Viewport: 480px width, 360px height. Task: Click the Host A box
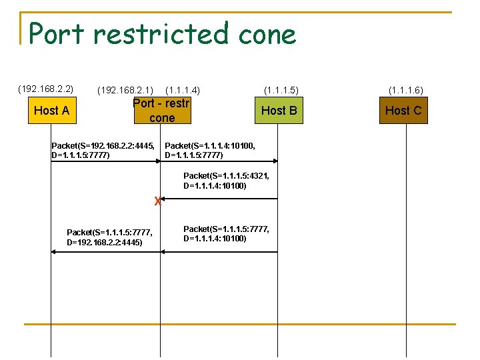pos(51,110)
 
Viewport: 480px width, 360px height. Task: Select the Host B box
pos(279,110)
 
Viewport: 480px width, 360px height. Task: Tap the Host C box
pos(403,110)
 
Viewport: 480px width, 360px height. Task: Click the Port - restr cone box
pos(162,111)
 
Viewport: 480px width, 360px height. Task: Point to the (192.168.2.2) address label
pos(45,89)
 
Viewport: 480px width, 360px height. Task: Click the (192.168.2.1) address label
pos(125,90)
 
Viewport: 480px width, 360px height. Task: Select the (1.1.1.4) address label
pos(183,90)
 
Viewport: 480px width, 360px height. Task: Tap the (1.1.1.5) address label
pos(281,89)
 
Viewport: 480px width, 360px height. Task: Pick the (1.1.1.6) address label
pos(405,90)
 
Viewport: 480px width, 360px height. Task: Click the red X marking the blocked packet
pos(157,200)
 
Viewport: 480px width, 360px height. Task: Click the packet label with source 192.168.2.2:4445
pos(103,151)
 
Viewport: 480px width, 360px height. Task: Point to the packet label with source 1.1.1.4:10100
pos(210,151)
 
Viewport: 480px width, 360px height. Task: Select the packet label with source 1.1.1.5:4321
pos(227,181)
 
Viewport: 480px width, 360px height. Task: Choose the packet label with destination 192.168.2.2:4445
pos(110,237)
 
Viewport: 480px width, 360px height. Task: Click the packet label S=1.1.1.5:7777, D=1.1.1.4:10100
pos(227,233)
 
